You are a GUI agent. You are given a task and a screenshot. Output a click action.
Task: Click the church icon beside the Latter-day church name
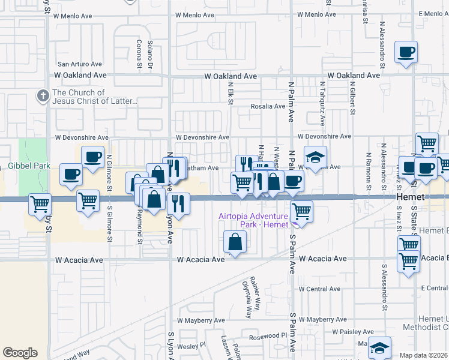pos(43,95)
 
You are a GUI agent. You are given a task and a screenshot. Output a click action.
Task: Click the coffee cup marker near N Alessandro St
pos(406,52)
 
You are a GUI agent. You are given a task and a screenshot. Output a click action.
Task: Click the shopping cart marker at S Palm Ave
pos(301,211)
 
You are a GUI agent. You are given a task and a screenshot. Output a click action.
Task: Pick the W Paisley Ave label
pos(354,331)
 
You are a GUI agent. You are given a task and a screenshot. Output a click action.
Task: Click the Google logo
pos(20,353)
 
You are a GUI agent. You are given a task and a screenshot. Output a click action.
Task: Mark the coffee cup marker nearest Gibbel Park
pos(71,175)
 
